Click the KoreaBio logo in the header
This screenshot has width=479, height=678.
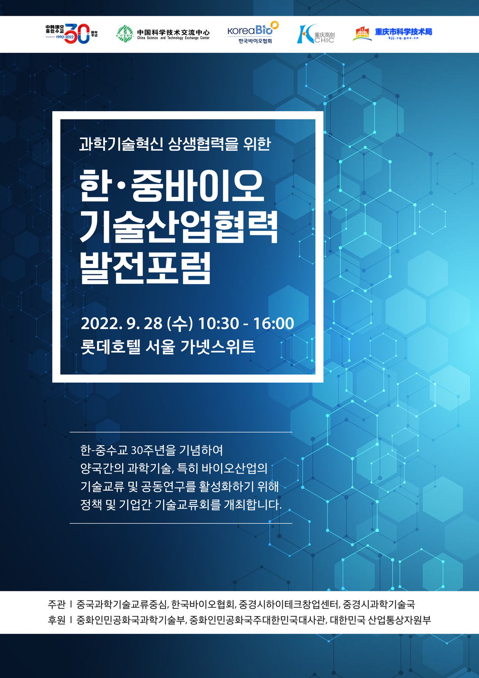(253, 32)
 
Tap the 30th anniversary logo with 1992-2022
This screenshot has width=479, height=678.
(71, 34)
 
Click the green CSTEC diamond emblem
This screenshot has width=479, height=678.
(125, 34)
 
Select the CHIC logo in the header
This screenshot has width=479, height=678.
(316, 34)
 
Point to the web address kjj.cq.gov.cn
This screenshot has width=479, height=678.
(404, 38)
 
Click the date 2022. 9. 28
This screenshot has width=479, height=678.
(121, 323)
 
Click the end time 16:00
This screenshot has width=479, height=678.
(273, 323)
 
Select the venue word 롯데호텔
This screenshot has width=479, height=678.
(111, 347)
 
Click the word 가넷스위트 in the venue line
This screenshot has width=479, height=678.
(218, 347)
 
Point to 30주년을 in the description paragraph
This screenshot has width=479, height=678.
(153, 450)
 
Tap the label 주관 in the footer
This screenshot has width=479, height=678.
(57, 604)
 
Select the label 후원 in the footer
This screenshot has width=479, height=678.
(57, 620)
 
